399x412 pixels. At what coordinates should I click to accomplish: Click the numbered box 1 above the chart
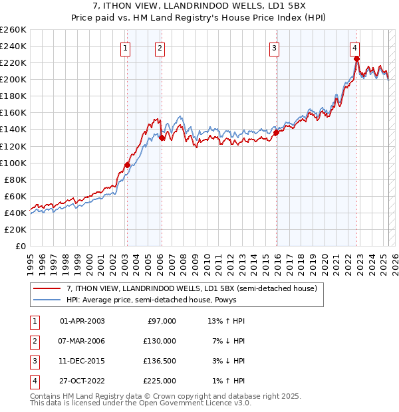pyautogui.click(x=126, y=48)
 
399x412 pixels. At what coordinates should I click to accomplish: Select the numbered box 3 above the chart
pyautogui.click(x=274, y=48)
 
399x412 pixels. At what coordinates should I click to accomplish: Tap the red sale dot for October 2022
pyautogui.click(x=357, y=58)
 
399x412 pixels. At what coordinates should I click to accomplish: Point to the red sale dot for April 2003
pyautogui.click(x=127, y=165)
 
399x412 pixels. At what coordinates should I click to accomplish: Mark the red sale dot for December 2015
pyautogui.click(x=276, y=132)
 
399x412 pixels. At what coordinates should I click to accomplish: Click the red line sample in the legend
pyautogui.click(x=46, y=289)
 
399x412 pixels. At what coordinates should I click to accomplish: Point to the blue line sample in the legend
pyautogui.click(x=46, y=300)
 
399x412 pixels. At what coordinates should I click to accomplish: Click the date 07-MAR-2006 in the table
pyautogui.click(x=82, y=341)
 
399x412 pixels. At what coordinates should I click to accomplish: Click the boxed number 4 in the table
pyautogui.click(x=34, y=381)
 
